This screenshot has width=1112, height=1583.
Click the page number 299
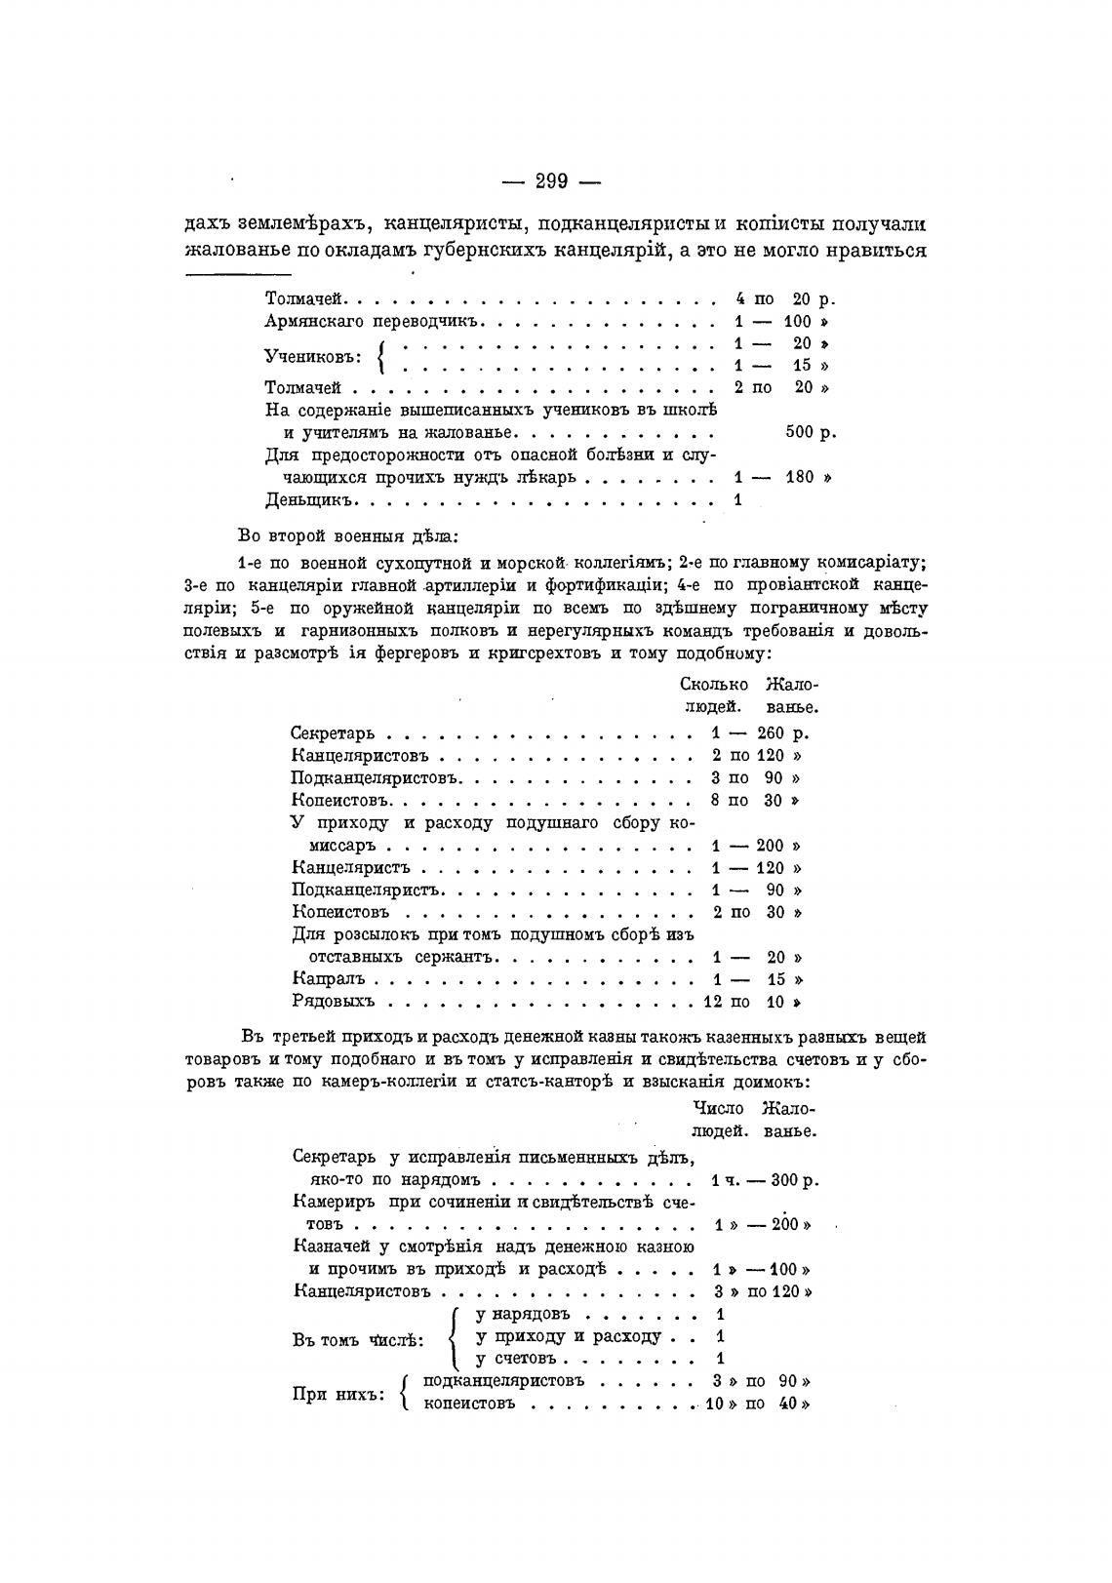pyautogui.click(x=552, y=180)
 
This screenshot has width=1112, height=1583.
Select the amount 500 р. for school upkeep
pyautogui.click(x=810, y=432)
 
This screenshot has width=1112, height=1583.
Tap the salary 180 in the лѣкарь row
pyautogui.click(x=799, y=477)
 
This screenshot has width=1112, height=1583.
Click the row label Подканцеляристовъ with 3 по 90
pyautogui.click(x=375, y=778)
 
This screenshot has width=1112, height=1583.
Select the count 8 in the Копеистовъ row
pyautogui.click(x=716, y=801)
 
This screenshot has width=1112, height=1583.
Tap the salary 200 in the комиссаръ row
pyautogui.click(x=770, y=846)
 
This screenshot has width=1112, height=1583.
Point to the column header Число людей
pyautogui.click(x=719, y=1120)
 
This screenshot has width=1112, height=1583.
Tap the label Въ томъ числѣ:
pyautogui.click(x=358, y=1339)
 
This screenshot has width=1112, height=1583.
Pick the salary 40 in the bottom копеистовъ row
pyautogui.click(x=789, y=1405)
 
